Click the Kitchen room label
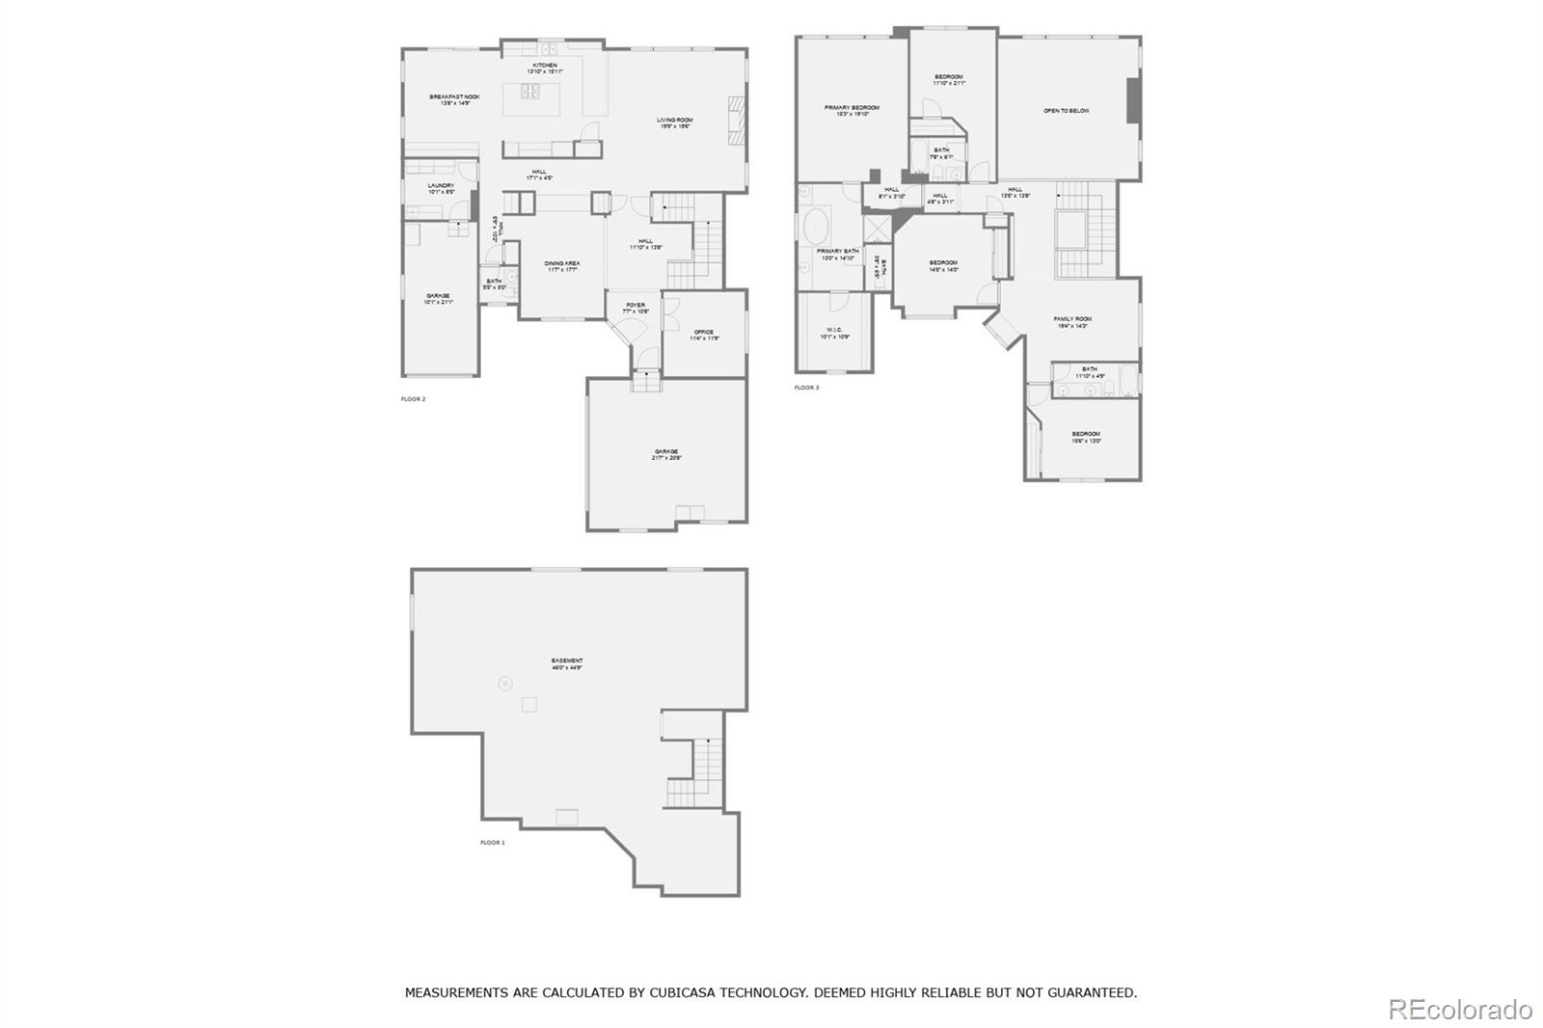(x=545, y=68)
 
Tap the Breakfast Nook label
(x=454, y=99)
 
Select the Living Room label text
(x=675, y=122)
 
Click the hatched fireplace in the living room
(x=737, y=120)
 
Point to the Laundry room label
(x=441, y=188)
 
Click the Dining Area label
(x=562, y=265)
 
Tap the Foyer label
(x=636, y=308)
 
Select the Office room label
(x=704, y=335)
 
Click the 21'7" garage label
(x=666, y=454)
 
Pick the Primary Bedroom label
(x=852, y=110)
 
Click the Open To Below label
(x=1067, y=111)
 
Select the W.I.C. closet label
(x=834, y=333)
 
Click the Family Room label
(x=1072, y=321)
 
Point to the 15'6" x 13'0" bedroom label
(x=1086, y=437)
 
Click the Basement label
(x=567, y=663)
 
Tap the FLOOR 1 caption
(x=493, y=843)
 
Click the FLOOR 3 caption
(x=806, y=388)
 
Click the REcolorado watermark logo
(x=1459, y=1010)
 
